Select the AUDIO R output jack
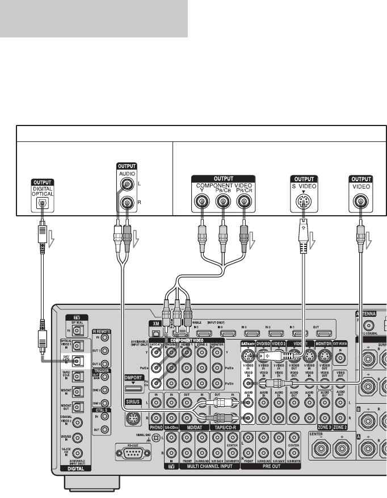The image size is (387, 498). (x=125, y=202)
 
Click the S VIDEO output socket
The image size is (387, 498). (x=303, y=201)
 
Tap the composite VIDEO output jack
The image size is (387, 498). (x=359, y=201)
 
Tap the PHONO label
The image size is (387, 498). (x=155, y=426)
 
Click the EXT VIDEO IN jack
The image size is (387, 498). (x=340, y=353)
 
